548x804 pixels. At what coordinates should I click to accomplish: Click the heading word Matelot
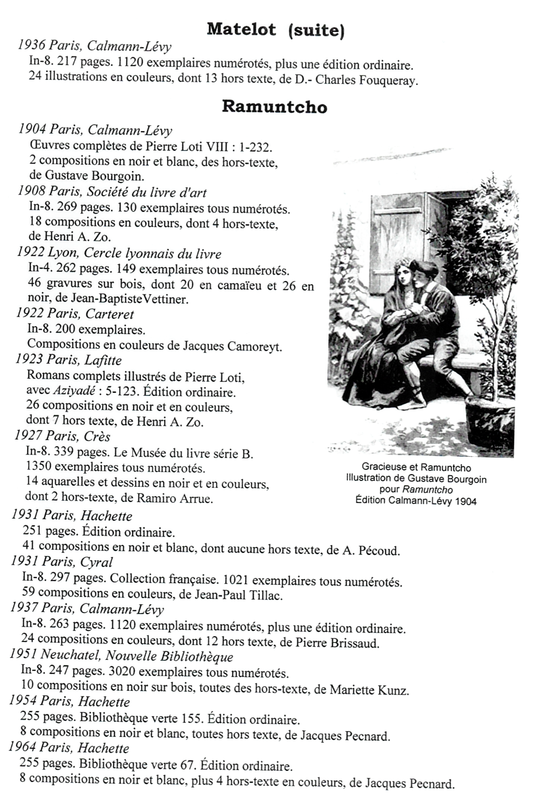point(241,29)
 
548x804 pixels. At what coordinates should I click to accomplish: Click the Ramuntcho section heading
point(274,106)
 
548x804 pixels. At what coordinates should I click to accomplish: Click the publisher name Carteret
point(110,314)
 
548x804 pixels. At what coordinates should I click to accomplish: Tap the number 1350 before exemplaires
point(39,467)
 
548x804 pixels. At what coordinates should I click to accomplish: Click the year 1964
point(22,748)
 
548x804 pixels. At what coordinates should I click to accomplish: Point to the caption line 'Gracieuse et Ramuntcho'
point(416,467)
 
